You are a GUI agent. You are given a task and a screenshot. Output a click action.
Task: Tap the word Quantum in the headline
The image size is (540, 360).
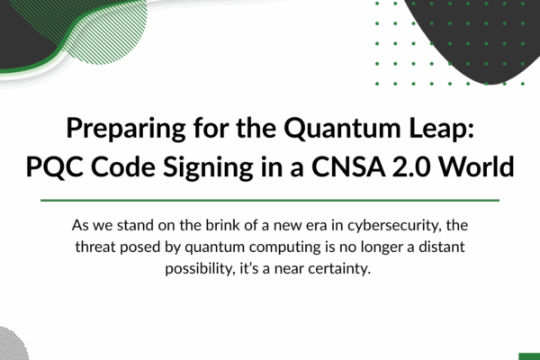(342, 129)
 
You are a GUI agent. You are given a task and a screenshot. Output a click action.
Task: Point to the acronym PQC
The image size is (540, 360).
(54, 167)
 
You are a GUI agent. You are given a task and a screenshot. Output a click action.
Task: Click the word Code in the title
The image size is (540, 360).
(122, 166)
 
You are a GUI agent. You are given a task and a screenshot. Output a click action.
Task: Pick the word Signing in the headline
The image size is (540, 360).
(208, 167)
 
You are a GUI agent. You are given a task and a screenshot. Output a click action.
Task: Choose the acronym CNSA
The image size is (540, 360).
(348, 166)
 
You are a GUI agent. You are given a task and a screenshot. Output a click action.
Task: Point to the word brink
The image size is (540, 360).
(220, 225)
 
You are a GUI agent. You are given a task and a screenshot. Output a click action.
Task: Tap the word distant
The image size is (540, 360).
(442, 247)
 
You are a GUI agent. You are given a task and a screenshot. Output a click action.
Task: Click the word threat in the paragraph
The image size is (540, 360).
(95, 247)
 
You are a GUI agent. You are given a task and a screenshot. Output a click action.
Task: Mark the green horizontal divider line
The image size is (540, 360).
(270, 200)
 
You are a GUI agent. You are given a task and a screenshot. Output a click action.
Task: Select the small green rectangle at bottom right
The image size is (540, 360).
(529, 356)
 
